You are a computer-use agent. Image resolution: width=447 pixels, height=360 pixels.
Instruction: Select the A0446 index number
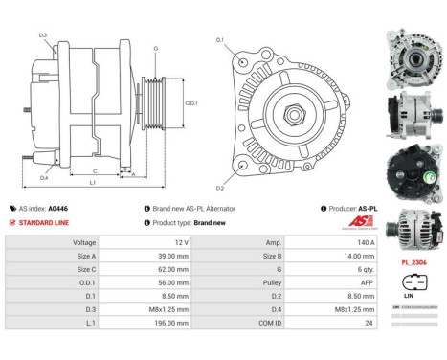[58, 208]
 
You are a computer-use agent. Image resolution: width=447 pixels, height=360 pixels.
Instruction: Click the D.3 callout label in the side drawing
[43, 35]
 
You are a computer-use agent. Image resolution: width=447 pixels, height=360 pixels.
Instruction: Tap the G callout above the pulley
[155, 47]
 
